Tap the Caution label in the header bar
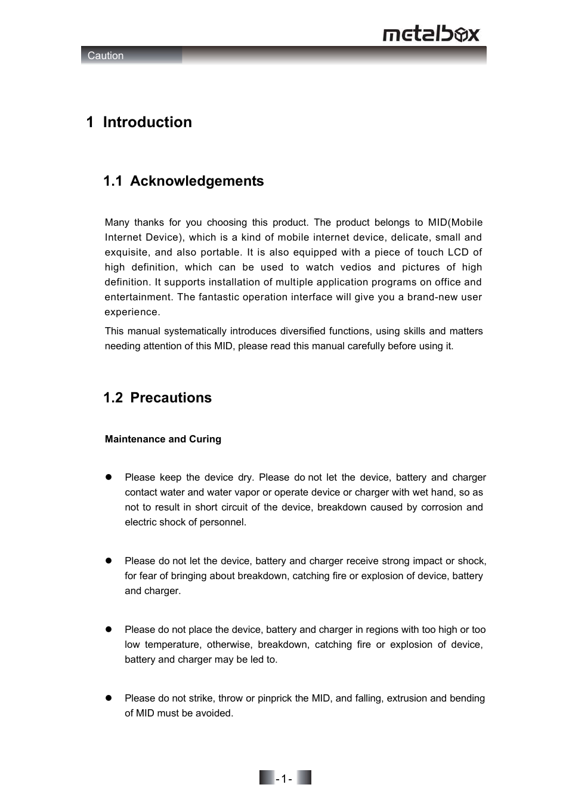coord(106,56)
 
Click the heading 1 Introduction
coord(139,122)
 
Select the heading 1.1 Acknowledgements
coord(183,181)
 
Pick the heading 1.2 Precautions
coord(157,398)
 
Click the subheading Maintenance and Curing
coord(163,439)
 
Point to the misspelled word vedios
coord(355,267)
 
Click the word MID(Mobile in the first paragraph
coord(455,223)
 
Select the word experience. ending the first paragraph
coord(132,312)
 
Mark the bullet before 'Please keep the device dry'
coord(109,477)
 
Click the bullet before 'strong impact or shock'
coord(109,561)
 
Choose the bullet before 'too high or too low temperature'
coord(109,629)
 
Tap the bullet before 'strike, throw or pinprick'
coord(109,698)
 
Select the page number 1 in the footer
coord(284,778)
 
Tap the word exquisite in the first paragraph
coord(126,253)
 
